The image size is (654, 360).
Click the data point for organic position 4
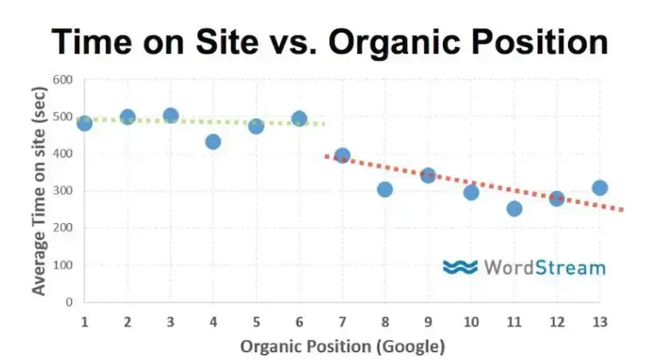tap(213, 142)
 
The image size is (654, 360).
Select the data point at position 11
tap(514, 209)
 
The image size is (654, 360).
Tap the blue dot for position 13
tap(600, 188)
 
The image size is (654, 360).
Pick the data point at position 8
tap(385, 190)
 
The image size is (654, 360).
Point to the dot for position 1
tap(84, 123)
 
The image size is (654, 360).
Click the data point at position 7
tap(343, 156)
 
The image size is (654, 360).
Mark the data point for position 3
tap(170, 115)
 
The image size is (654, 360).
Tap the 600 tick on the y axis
tap(62, 80)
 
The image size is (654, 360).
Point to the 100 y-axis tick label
tap(62, 265)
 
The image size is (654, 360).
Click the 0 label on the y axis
tap(69, 302)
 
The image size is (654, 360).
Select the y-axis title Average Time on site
tap(38, 191)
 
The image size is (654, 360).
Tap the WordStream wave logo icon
tap(460, 267)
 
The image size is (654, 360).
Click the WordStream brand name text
tap(544, 268)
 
